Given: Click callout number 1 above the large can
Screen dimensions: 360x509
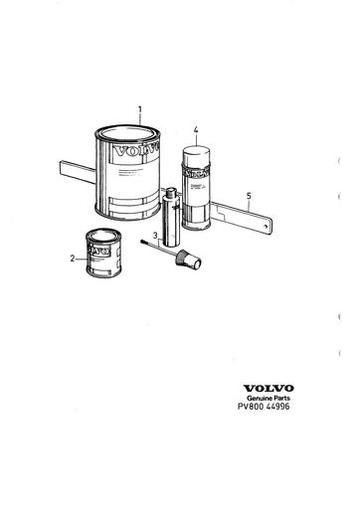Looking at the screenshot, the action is (x=140, y=108).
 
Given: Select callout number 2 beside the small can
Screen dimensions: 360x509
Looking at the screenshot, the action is (x=72, y=258).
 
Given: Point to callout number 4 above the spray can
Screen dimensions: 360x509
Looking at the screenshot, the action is (x=197, y=130).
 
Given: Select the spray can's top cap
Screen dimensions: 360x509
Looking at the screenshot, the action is (x=195, y=153).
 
